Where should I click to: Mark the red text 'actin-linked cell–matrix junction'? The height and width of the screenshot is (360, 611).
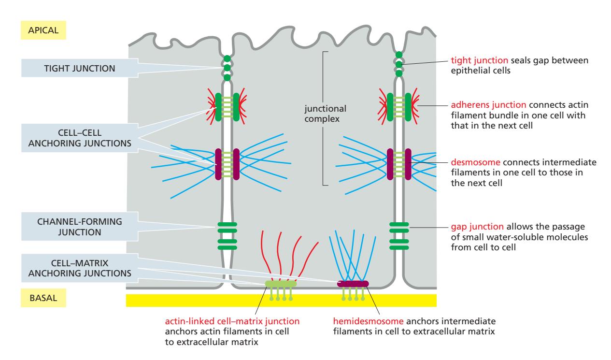pos(231,320)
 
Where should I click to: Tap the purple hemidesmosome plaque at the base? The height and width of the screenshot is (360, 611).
pos(353,284)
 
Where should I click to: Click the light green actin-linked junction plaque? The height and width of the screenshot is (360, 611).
pos(281,284)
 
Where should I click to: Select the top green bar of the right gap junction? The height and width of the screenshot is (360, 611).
pos(399,224)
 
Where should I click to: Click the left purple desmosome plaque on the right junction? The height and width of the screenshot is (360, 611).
pos(390,164)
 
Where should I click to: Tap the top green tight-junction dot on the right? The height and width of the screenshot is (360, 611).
pos(399,55)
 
